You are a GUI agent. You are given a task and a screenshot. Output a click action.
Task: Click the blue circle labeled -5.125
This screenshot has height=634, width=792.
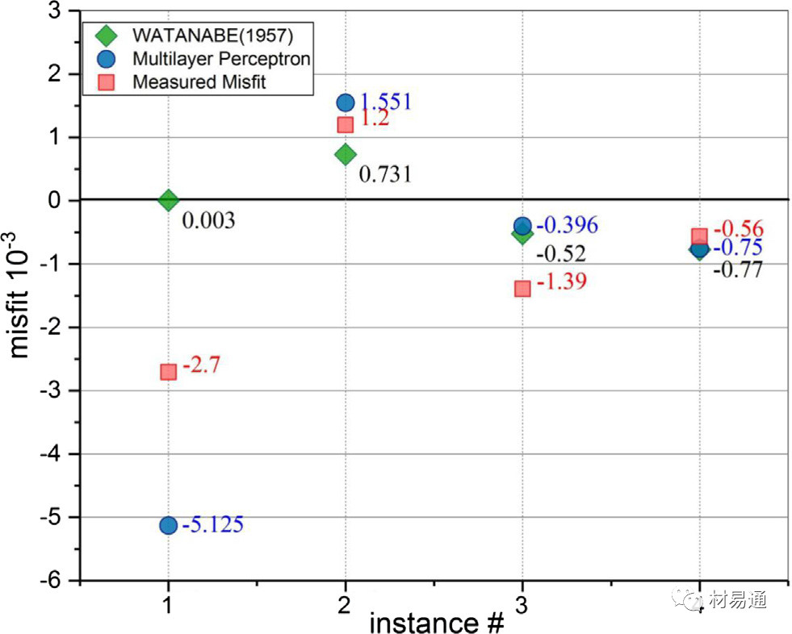(168, 525)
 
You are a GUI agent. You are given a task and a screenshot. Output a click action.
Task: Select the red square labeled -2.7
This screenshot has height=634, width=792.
(168, 372)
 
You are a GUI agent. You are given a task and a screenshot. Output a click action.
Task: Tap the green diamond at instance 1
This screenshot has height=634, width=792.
(168, 200)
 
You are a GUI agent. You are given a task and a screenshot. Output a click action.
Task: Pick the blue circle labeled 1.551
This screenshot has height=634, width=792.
(346, 102)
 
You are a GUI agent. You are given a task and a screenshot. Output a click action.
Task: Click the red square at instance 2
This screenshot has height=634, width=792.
(346, 124)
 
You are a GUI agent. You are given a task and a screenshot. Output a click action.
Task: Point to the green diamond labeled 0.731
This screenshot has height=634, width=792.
(346, 154)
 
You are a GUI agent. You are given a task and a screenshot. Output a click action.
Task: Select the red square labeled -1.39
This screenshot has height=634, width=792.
(522, 288)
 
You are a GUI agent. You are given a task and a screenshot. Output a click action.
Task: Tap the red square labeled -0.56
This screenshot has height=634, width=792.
(699, 236)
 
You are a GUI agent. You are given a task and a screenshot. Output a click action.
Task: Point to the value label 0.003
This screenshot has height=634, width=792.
(208, 220)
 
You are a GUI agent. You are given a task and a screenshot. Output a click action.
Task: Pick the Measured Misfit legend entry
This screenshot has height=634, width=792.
(198, 81)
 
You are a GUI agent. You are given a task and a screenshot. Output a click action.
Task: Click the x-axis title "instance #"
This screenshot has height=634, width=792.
(437, 622)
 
